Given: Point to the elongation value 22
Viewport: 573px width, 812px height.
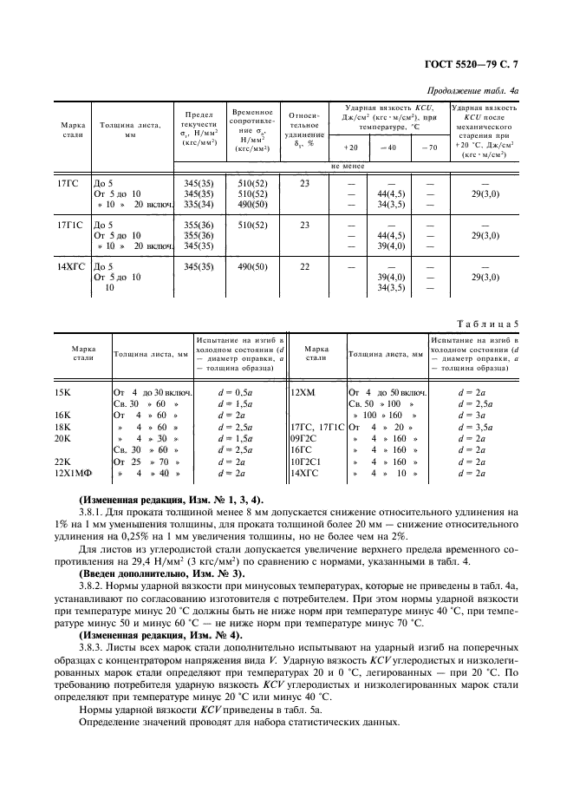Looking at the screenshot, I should tap(304, 266).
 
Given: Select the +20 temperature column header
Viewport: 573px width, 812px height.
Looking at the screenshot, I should tap(349, 147).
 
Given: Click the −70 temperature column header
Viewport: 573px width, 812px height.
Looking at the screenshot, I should tap(429, 147).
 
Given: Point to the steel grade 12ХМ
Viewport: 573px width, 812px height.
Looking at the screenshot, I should tap(303, 392).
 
